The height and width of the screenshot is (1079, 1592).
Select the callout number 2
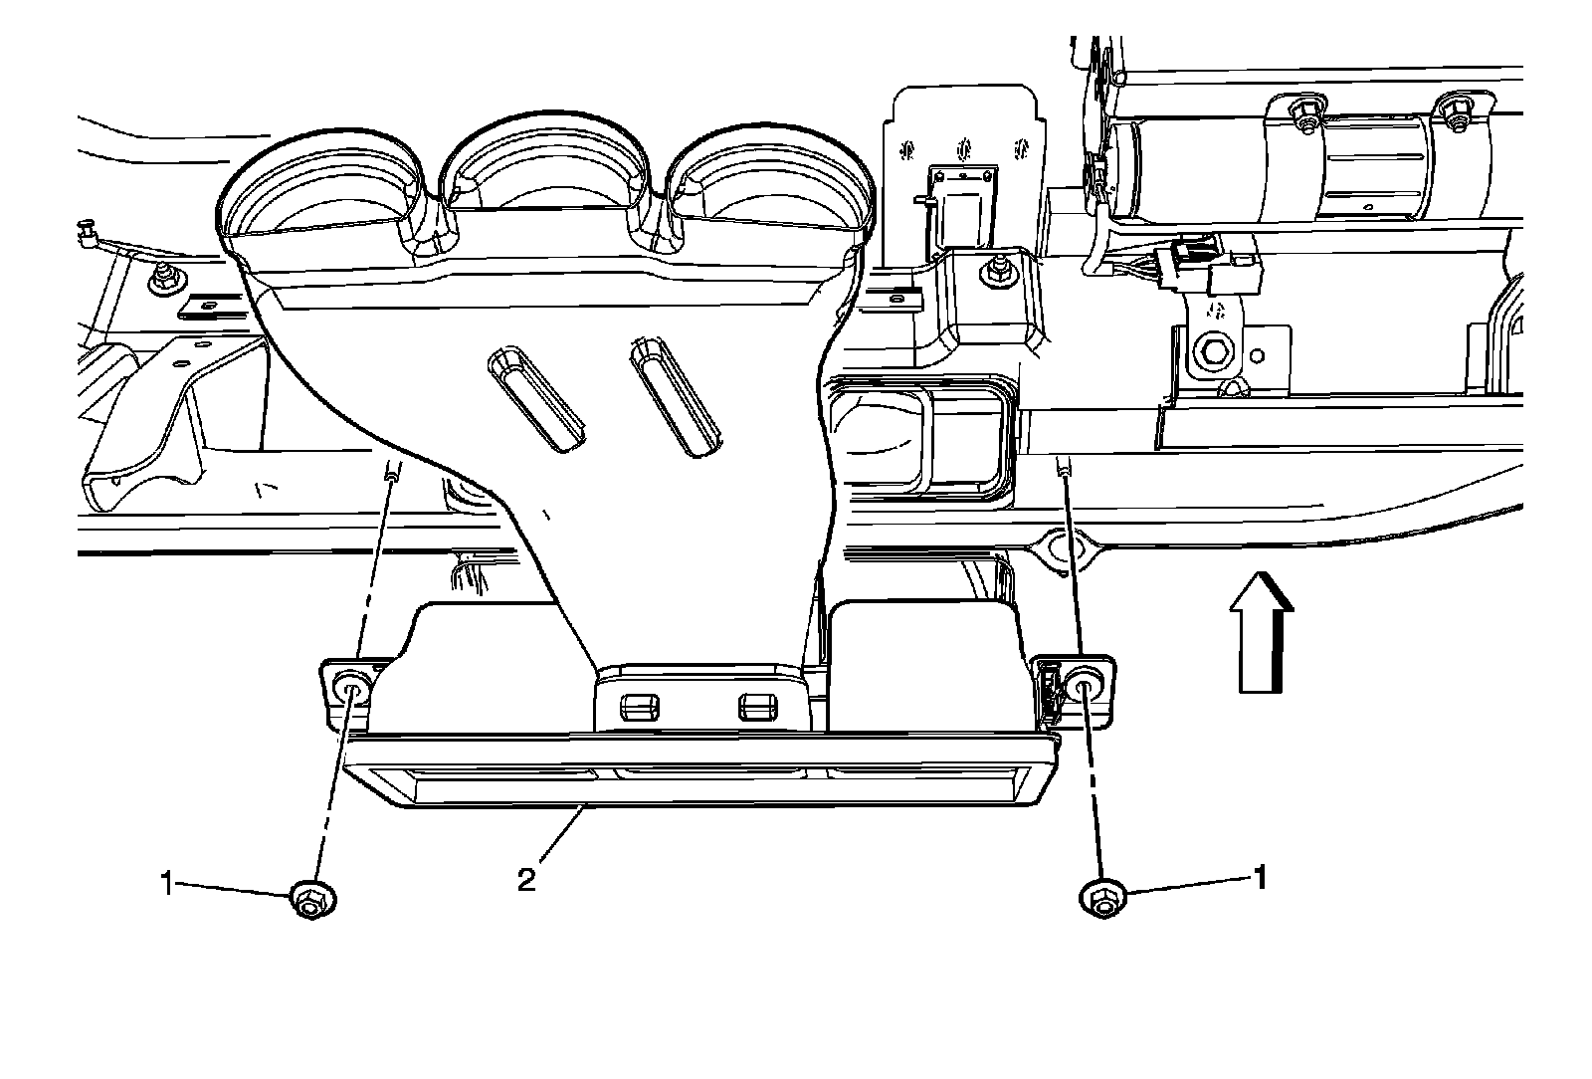click(x=526, y=880)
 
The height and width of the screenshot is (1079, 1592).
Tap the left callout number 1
click(x=168, y=881)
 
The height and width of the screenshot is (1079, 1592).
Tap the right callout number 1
click(x=1261, y=878)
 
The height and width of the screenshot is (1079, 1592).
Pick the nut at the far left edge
click(x=163, y=281)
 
